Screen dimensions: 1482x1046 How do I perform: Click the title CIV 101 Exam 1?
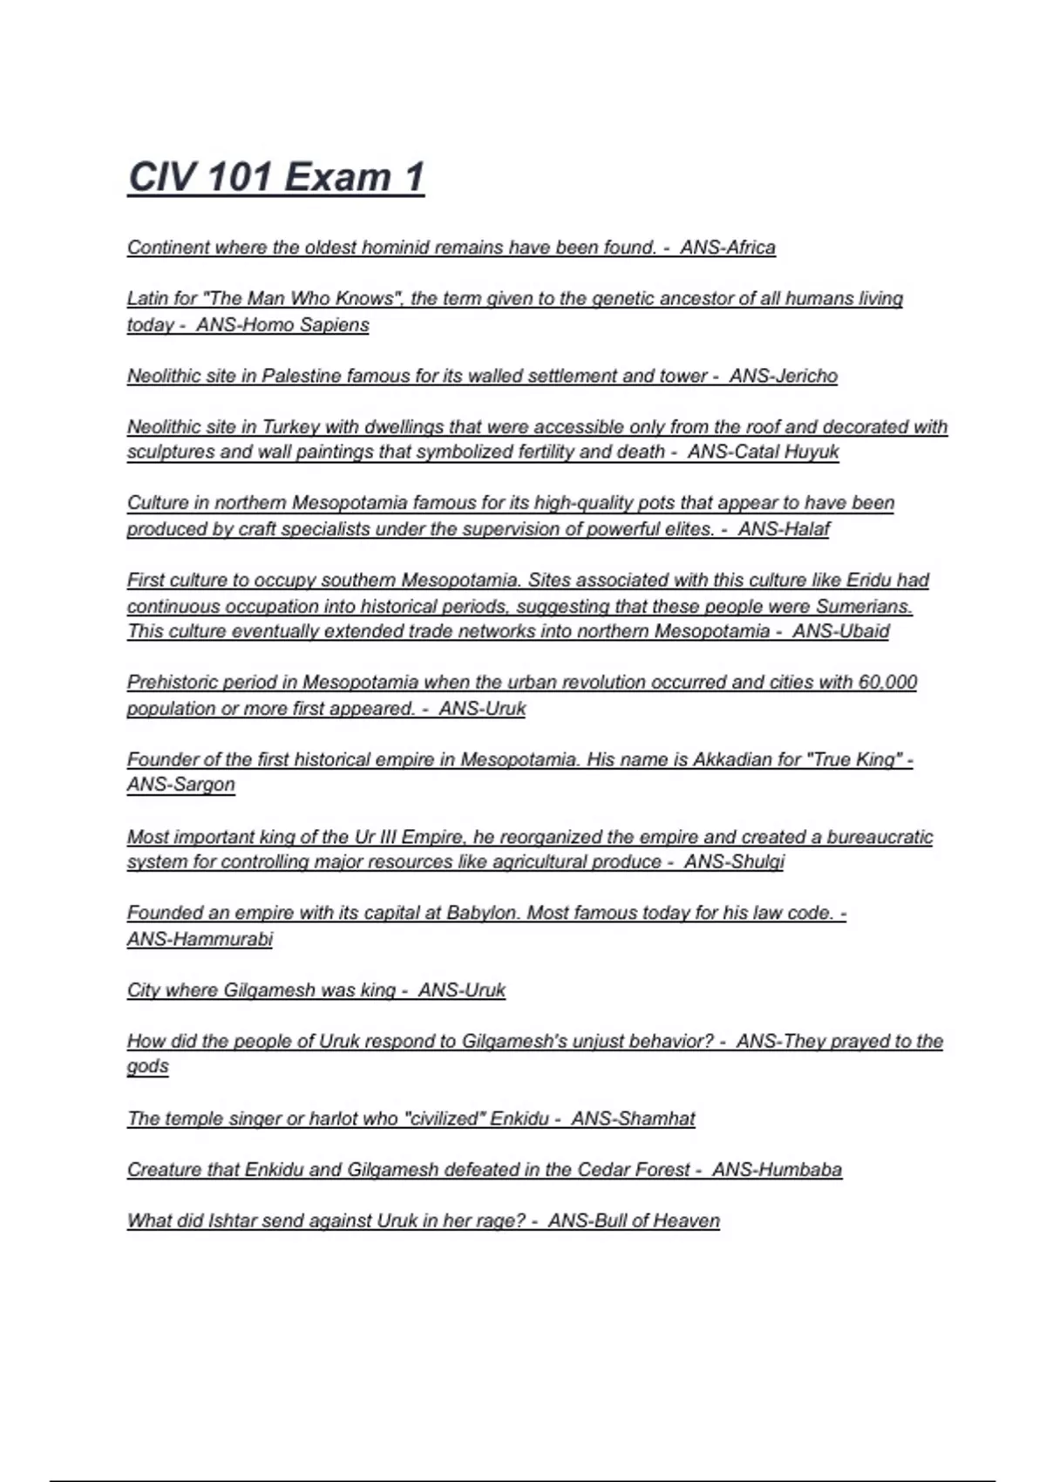275,177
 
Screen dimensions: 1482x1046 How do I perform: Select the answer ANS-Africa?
728,248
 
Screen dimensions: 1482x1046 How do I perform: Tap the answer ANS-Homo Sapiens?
282,325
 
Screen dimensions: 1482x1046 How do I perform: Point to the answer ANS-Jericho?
783,376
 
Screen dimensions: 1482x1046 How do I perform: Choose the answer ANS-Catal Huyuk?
763,452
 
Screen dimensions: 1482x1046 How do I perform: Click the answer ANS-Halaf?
784,529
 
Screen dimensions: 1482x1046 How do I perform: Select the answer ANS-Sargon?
181,785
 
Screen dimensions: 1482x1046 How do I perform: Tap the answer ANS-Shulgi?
734,862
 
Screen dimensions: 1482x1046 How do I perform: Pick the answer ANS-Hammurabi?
200,939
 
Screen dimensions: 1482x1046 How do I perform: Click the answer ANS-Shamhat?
633,1118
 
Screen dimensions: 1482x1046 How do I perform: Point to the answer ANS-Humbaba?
777,1170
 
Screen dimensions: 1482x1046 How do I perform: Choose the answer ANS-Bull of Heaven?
634,1220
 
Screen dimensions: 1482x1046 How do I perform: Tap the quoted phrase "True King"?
853,759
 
